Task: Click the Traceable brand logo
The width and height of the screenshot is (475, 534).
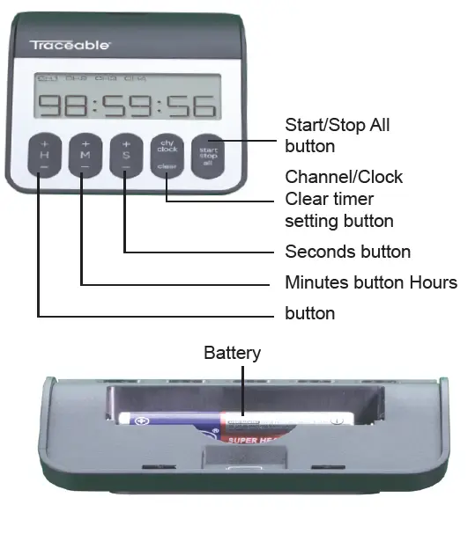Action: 71,44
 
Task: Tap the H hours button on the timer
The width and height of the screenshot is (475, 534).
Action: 43,155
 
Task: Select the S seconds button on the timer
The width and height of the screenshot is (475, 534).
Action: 126,155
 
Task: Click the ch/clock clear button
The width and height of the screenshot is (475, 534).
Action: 167,155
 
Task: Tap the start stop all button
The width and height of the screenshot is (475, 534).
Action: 209,155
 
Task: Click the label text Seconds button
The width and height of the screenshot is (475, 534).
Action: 347,252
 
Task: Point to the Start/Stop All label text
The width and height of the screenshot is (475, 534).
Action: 338,125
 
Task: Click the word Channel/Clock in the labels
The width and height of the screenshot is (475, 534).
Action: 344,177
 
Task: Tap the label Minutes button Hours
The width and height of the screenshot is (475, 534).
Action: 371,282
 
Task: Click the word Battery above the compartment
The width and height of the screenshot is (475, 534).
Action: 233,353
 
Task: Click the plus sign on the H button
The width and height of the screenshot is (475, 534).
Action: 43,143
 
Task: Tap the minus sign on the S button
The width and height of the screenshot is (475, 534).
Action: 126,168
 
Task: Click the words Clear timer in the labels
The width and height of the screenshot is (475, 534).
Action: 330,199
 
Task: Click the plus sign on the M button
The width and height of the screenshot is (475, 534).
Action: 85,143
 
